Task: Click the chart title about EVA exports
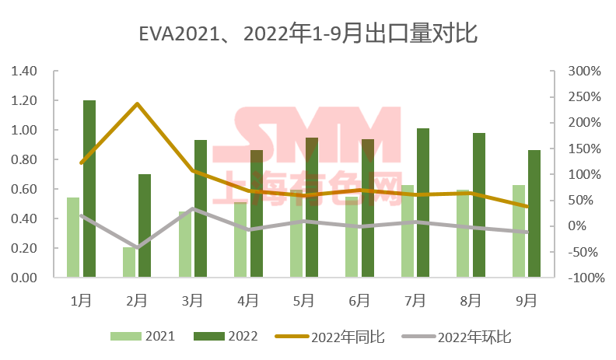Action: (x=308, y=34)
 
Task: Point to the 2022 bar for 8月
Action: (x=479, y=204)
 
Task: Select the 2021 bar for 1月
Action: (x=73, y=236)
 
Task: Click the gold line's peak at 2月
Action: (x=137, y=103)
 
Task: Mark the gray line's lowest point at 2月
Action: (x=137, y=248)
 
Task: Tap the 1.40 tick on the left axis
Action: (x=25, y=72)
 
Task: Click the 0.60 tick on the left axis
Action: (x=25, y=190)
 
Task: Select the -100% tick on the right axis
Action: (x=583, y=278)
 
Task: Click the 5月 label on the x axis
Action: (x=304, y=299)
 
